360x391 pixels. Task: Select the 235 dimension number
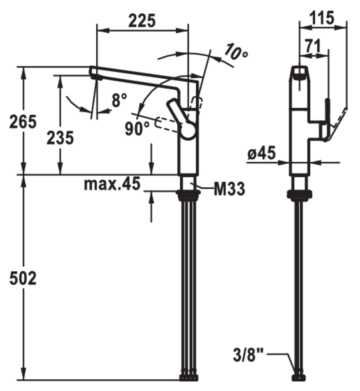(60, 138)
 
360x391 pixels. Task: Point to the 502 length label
(23, 279)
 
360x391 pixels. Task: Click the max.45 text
(112, 185)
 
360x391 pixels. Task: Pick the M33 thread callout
(229, 189)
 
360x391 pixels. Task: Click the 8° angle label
(119, 100)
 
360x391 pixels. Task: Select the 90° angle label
(137, 129)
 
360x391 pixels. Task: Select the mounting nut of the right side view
(299, 194)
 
